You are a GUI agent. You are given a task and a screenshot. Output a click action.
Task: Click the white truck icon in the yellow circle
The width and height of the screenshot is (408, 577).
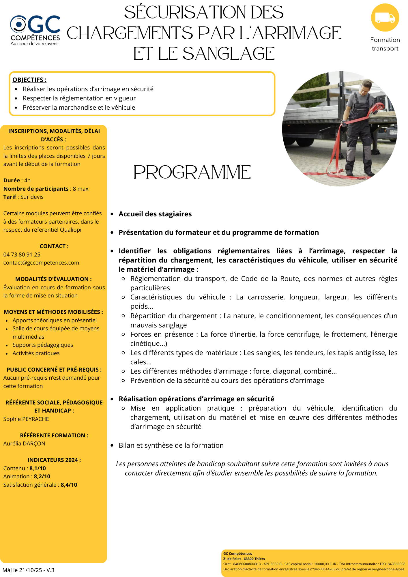pos(385,18)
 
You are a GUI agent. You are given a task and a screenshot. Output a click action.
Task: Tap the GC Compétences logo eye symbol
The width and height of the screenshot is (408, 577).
pos(18,24)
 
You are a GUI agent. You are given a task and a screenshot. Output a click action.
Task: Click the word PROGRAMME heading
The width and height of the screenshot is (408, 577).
pos(192,173)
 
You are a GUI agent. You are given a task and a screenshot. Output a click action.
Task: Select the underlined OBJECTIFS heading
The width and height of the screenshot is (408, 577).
pos(29,80)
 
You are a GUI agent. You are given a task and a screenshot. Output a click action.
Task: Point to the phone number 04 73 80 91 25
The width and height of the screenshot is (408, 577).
pos(22,254)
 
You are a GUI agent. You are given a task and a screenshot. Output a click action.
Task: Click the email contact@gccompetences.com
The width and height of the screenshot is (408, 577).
pos(41,263)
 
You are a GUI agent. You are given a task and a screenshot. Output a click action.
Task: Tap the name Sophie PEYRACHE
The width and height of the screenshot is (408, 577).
pos(26,419)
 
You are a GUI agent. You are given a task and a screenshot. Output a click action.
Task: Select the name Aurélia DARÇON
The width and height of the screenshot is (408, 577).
pos(24,443)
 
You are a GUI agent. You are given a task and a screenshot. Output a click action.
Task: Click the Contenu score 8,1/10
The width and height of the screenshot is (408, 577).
pos(38,468)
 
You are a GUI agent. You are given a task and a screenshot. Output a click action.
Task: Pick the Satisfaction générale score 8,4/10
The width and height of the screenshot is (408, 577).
pos(69,485)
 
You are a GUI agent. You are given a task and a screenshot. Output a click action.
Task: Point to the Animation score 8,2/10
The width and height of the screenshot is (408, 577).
pos(42,476)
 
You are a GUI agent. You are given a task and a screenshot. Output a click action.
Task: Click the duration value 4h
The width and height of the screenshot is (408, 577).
pos(27,181)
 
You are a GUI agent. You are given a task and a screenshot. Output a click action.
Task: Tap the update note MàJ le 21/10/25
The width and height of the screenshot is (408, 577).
pos(28,570)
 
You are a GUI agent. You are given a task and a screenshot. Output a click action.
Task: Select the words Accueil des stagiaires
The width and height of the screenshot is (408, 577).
pos(155,214)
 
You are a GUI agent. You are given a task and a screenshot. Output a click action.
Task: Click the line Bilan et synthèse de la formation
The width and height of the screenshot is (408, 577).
pos(171,445)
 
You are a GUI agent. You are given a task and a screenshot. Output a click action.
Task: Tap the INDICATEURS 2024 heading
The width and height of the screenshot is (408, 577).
pos(54,460)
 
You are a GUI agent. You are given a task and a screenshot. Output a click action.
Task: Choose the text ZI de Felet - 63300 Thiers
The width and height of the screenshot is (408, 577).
pos(244,559)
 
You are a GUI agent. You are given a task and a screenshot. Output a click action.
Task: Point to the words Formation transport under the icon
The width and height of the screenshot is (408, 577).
pos(385,44)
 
